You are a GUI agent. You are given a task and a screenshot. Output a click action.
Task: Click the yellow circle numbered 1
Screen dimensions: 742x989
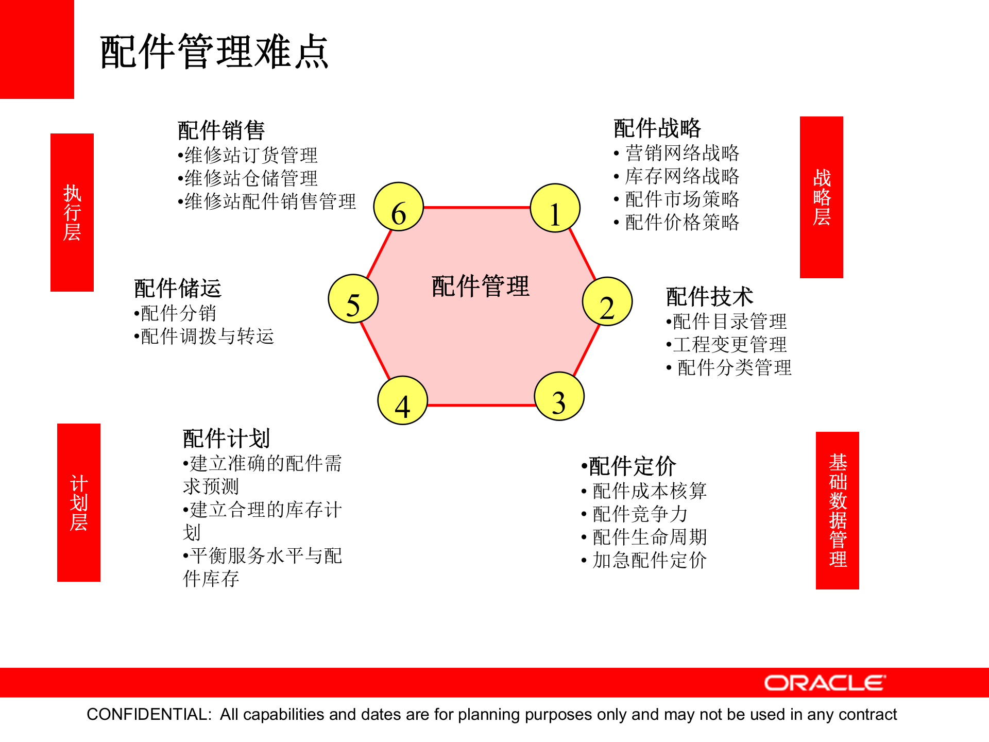click(555, 208)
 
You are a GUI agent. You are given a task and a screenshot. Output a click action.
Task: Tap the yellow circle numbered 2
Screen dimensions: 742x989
click(607, 302)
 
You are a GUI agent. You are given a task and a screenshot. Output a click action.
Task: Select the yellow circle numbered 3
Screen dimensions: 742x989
click(559, 396)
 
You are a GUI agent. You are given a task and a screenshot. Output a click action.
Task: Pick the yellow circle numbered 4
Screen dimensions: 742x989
click(402, 400)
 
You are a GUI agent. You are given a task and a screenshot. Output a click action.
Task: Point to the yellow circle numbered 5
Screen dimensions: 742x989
click(353, 299)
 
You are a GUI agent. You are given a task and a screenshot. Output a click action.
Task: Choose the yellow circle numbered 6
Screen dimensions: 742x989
click(399, 207)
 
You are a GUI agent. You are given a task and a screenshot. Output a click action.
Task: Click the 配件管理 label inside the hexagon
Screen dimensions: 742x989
click(480, 286)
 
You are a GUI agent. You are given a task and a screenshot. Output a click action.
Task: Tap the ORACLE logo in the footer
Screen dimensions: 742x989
click(825, 683)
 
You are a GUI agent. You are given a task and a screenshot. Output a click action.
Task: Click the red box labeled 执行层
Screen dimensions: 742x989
click(72, 212)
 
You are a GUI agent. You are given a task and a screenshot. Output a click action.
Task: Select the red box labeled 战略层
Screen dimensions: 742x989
click(821, 197)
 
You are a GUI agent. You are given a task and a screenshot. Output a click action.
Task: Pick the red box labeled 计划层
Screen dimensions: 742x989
click(79, 502)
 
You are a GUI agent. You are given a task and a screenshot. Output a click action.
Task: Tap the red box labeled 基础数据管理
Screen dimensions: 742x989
click(837, 510)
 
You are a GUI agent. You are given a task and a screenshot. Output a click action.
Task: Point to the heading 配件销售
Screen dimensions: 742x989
click(221, 130)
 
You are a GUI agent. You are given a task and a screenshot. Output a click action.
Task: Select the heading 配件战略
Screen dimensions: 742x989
click(657, 128)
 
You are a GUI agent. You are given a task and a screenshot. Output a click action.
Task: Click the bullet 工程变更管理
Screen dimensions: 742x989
click(729, 344)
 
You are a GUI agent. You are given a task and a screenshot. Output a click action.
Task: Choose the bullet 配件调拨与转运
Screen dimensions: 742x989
click(207, 336)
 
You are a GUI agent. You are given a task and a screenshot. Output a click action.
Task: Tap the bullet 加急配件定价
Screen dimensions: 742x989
click(649, 560)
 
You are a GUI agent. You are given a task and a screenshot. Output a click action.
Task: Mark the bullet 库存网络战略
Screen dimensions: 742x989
click(681, 176)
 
